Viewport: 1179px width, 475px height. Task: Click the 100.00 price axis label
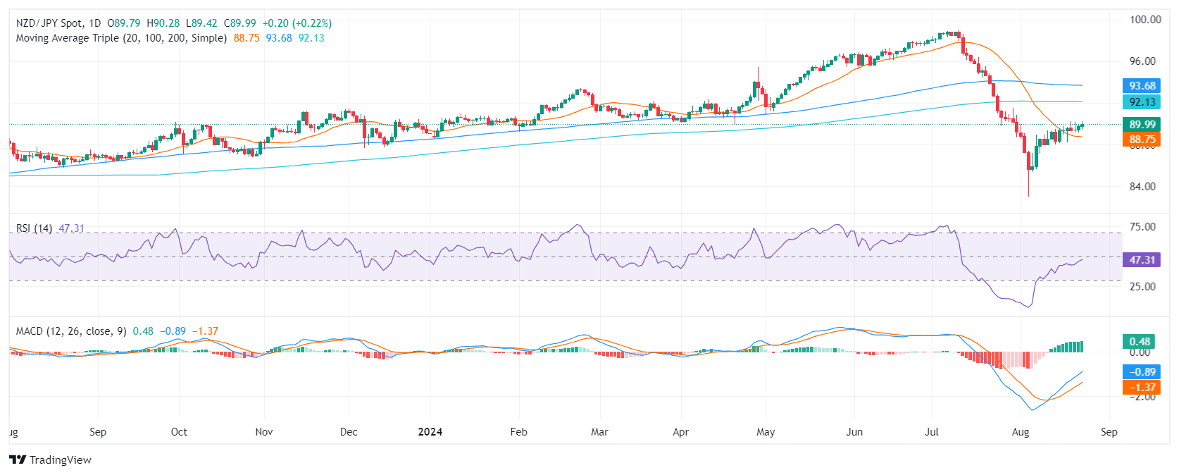(x=1144, y=20)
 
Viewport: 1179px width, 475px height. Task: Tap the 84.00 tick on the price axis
(x=1142, y=187)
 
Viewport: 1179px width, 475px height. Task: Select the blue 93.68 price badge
(x=1142, y=86)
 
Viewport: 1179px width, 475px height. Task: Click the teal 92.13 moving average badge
(x=1142, y=102)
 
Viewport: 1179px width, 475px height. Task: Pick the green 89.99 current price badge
(x=1142, y=125)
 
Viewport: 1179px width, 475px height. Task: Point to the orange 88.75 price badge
(x=1142, y=140)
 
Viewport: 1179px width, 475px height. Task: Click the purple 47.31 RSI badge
(x=1142, y=260)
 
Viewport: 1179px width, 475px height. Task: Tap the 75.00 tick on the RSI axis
(x=1142, y=227)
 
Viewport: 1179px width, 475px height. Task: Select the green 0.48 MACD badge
(x=1140, y=342)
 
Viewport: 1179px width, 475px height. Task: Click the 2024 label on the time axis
(x=430, y=432)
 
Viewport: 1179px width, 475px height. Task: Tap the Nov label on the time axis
(x=263, y=432)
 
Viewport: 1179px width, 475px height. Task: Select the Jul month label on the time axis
(x=931, y=432)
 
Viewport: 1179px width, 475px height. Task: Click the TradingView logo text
(x=60, y=460)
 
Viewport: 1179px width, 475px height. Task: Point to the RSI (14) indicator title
(x=34, y=228)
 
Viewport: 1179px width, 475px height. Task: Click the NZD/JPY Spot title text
(x=49, y=23)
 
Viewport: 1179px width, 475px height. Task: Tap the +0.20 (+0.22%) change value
(x=297, y=23)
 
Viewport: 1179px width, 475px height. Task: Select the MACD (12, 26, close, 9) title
(x=71, y=331)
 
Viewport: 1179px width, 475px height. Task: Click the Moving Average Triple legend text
(x=121, y=38)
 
